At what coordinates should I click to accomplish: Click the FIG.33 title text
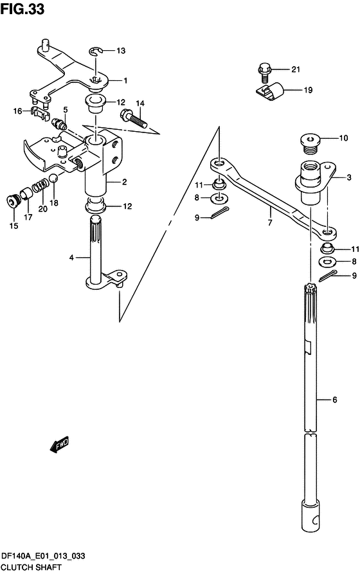[x=22, y=9]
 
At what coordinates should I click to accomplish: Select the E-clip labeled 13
[x=96, y=51]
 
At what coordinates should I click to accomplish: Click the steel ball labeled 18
[x=54, y=178]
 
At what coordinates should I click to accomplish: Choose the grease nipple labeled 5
[x=59, y=123]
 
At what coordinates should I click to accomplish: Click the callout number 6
[x=334, y=400]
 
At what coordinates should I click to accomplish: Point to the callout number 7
[x=270, y=222]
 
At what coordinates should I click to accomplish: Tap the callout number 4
[x=72, y=258]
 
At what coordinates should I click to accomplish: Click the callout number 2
[x=125, y=181]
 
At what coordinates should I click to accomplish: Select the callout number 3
[x=348, y=177]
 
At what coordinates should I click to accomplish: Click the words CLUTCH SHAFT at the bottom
[x=31, y=568]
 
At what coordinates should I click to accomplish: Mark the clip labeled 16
[x=39, y=113]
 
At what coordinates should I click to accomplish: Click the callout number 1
[x=125, y=80]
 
